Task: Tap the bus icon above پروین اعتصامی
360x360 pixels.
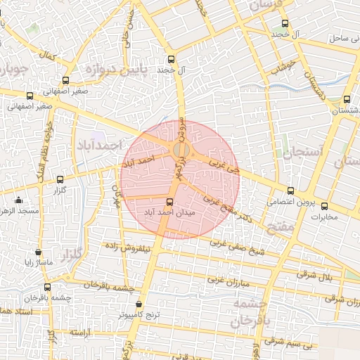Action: tap(290, 191)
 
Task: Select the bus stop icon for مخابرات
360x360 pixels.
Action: tap(324, 206)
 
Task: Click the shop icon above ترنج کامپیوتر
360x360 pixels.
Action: tap(139, 305)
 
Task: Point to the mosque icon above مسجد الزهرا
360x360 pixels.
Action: tap(18, 200)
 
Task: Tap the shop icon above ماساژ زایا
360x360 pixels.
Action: tap(38, 252)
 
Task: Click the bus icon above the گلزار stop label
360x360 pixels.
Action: tap(60, 179)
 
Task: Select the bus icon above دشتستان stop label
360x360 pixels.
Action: tap(347, 100)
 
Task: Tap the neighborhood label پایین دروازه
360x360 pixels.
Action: tap(116, 70)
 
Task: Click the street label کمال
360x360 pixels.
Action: tap(48, 54)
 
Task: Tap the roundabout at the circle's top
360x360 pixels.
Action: tap(180, 150)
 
